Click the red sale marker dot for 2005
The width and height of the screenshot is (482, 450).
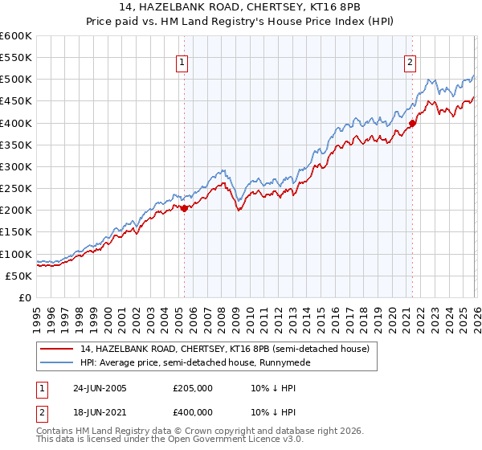pos(184,208)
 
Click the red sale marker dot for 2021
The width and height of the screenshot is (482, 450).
pos(412,123)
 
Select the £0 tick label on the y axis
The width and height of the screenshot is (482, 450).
pos(26,297)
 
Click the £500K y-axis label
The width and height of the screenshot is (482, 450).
pos(15,80)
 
